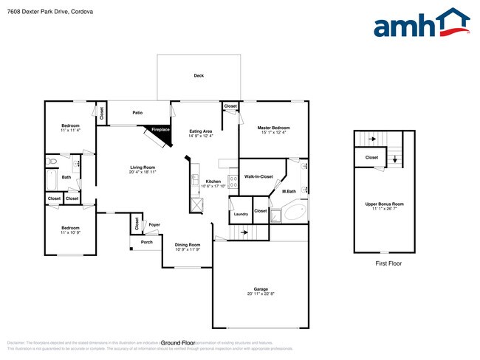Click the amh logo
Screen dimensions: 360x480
422,24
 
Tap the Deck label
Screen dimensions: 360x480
199,76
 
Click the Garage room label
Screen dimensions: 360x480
261,289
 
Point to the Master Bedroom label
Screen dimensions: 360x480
273,128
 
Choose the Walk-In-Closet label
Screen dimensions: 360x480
258,176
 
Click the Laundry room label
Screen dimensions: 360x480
241,214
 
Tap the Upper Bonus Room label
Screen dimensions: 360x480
385,203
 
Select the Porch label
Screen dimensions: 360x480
147,242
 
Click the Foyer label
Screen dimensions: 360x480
154,224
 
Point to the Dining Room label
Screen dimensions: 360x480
187,244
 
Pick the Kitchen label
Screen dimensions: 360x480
213,181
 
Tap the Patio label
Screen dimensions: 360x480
137,113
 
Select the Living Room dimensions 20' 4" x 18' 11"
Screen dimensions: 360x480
143,172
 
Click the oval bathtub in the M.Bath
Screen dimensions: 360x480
294,214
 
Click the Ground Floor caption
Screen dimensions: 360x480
177,343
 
